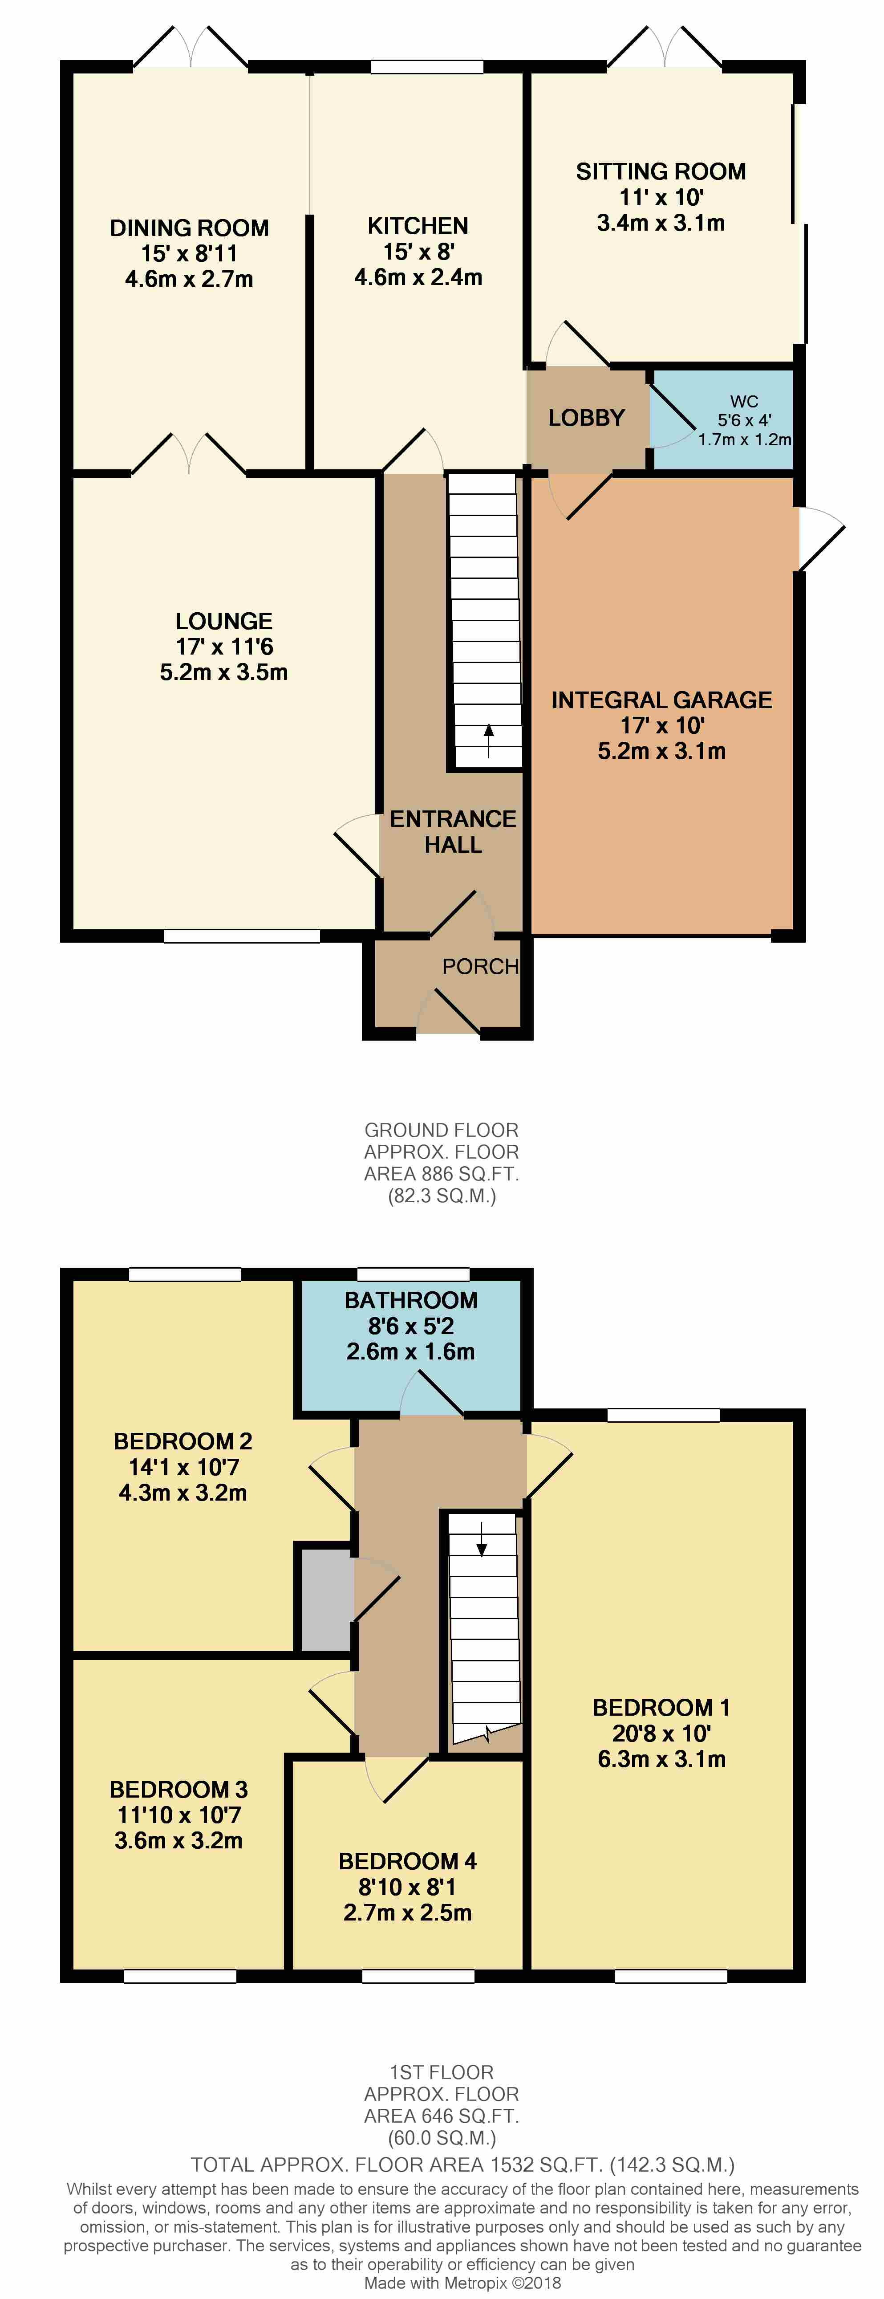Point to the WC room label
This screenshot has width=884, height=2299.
(744, 402)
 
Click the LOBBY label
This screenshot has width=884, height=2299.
(586, 418)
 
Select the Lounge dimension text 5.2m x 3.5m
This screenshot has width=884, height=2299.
(224, 672)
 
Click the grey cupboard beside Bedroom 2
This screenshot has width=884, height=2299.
(326, 1599)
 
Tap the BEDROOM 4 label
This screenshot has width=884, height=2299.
(408, 1862)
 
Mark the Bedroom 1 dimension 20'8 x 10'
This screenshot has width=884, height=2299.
(661, 1733)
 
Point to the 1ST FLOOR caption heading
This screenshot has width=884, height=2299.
(442, 2072)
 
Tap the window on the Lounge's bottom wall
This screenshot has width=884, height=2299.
(242, 936)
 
